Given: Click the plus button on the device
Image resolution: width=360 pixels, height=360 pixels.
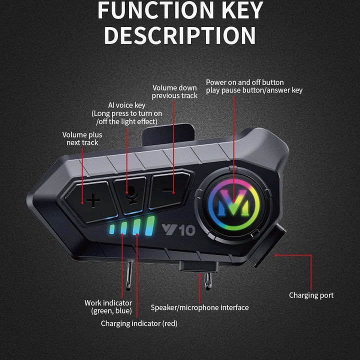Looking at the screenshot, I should [93, 201].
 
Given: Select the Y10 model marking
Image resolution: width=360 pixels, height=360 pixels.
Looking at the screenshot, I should [178, 230].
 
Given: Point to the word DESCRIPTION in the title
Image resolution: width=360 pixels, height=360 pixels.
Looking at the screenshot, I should [180, 36].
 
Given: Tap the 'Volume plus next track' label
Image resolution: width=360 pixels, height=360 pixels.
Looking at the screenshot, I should [82, 138].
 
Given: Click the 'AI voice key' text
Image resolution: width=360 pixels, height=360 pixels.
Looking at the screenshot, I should [127, 105].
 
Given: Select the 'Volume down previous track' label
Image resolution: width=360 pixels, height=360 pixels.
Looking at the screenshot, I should [174, 91].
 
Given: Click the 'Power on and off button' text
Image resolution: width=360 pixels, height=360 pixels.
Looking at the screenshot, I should [245, 82].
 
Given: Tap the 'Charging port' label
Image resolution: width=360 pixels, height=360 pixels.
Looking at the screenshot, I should [311, 295].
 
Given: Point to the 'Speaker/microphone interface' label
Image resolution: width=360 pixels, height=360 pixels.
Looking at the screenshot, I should [199, 307].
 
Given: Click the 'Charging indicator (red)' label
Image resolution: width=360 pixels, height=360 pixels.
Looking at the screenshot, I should [139, 323].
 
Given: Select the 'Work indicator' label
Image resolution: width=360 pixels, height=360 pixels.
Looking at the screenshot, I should [108, 303].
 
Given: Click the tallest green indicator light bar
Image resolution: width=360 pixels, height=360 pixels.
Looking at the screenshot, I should [148, 228].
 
